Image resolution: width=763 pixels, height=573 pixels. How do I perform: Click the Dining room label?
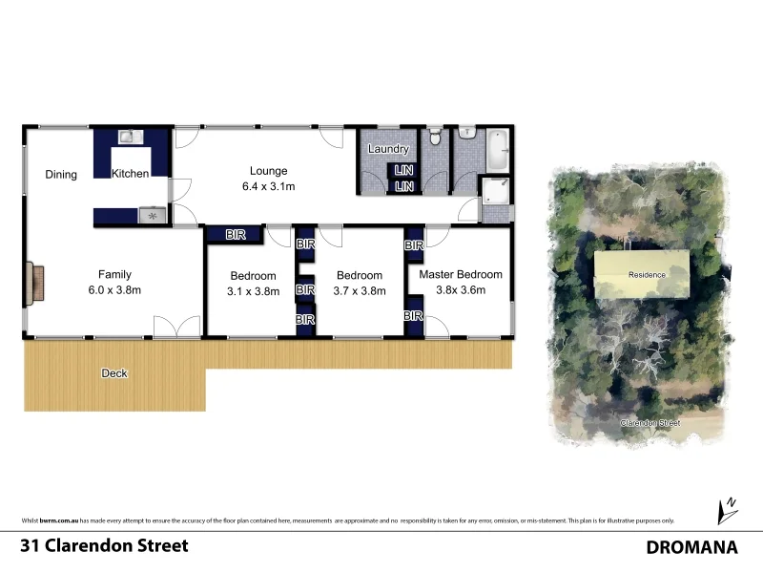[x=61, y=175]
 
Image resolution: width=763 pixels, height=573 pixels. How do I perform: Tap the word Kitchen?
[x=131, y=174]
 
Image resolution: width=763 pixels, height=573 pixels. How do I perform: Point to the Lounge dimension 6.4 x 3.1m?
[x=268, y=187]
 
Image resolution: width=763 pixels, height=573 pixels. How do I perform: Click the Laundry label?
[x=388, y=149]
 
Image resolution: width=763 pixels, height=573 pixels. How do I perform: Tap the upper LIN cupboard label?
[x=405, y=171]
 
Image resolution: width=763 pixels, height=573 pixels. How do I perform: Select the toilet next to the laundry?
[x=434, y=138]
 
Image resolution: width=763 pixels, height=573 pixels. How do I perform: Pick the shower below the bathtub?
[x=496, y=191]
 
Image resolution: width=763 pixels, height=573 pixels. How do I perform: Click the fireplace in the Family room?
[x=36, y=283]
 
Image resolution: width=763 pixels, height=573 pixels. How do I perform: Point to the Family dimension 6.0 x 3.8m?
[x=114, y=290]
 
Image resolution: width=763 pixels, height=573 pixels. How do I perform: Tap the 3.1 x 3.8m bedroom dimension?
[x=252, y=291]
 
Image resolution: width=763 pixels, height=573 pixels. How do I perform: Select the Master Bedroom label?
[x=461, y=275]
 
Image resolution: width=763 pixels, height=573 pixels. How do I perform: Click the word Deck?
[x=114, y=373]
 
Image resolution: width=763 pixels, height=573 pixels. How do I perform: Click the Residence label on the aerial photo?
[x=647, y=275]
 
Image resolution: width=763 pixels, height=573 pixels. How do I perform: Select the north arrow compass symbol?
[x=728, y=510]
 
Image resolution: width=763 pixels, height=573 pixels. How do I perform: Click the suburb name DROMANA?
[x=692, y=547]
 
